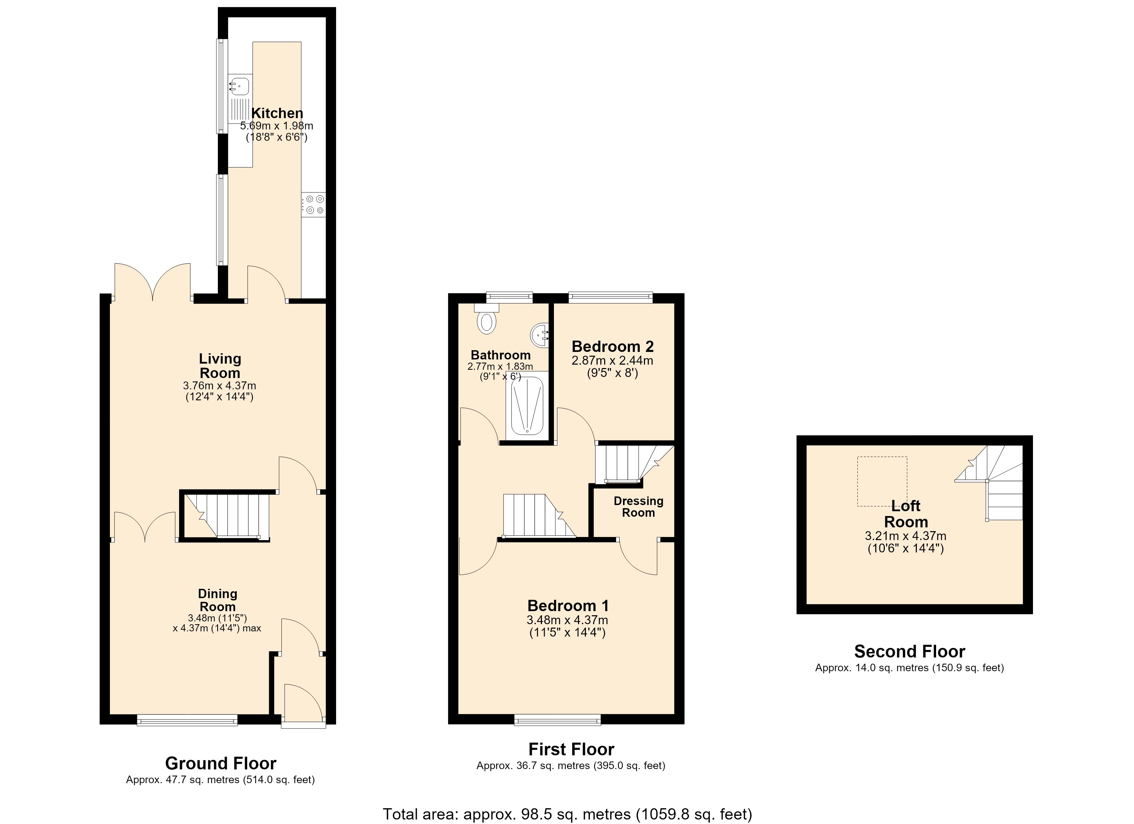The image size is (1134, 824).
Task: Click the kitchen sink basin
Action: coord(240,86)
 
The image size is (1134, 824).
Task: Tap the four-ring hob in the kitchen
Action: coord(313,205)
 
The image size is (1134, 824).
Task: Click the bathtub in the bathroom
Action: coord(527,406)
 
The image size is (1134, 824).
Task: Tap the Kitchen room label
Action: coord(277,113)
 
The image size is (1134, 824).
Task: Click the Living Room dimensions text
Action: coord(220,391)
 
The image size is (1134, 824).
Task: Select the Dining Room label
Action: coord(218,600)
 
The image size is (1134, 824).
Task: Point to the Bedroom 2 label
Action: coord(612,346)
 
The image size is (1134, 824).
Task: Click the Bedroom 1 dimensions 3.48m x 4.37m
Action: coord(567,620)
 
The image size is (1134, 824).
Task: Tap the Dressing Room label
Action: coord(638,507)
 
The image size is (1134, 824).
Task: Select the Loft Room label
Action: coord(906,514)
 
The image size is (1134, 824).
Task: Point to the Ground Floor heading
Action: coord(221,763)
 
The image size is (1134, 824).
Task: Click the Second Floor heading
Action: coord(910,651)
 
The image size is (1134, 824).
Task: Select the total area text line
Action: coord(567,814)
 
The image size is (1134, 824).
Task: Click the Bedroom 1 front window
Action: coord(557,720)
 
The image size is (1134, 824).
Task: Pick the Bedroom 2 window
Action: coord(611,298)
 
